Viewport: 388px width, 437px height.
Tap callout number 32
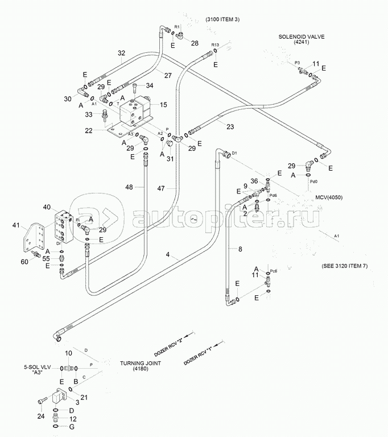(121, 53)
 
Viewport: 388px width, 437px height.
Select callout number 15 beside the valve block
(163, 104)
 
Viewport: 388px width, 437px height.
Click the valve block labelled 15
(137, 112)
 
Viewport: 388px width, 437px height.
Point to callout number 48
(129, 187)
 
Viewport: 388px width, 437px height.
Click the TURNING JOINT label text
(140, 363)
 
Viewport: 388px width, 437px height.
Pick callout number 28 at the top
(195, 43)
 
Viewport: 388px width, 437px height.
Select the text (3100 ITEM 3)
(222, 20)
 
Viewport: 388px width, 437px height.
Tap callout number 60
(24, 261)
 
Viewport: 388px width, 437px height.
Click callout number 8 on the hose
(240, 249)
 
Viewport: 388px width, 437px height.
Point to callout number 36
(254, 181)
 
